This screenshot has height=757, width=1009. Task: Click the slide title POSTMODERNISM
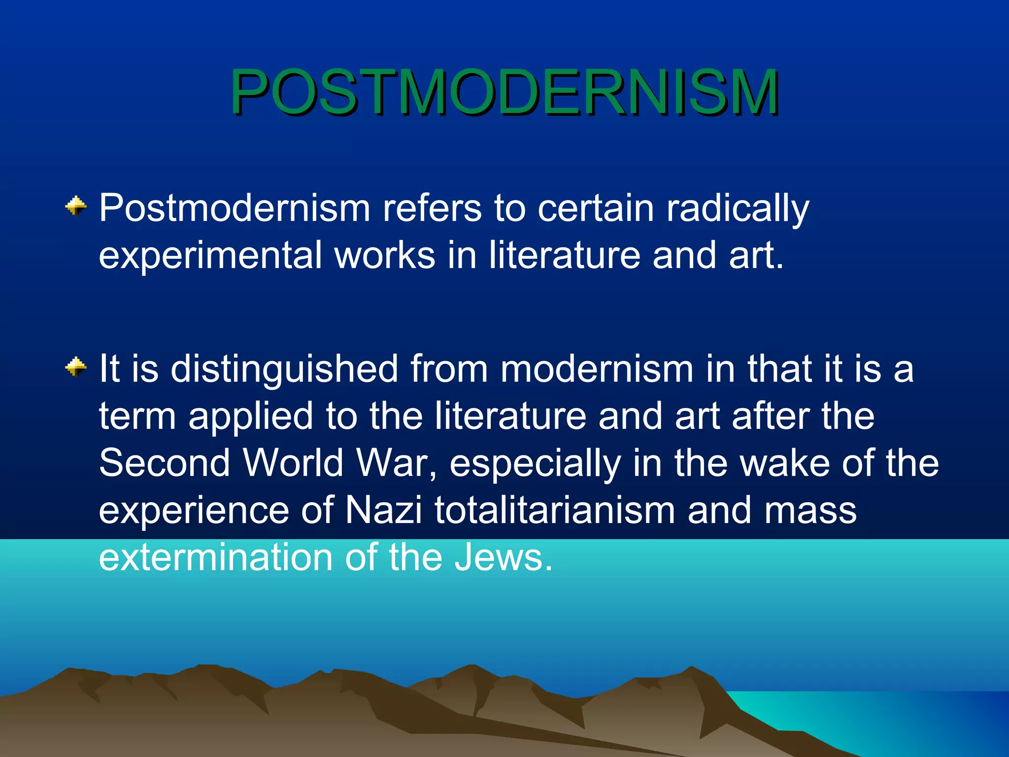pos(504,92)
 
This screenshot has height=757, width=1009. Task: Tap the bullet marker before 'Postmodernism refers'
pos(76,206)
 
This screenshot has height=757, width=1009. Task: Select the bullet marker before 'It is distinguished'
pos(76,367)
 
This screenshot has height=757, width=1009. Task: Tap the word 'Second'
pos(165,463)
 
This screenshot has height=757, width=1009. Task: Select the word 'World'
pos(293,463)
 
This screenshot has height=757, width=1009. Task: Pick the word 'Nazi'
pos(383,510)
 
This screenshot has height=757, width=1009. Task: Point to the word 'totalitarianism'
pos(555,510)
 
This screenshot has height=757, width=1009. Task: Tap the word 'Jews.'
pos(503,557)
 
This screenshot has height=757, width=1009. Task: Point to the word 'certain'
pos(596,208)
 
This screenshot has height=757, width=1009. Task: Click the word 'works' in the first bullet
pos(385,255)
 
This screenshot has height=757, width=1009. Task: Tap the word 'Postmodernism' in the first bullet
pos(235,208)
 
